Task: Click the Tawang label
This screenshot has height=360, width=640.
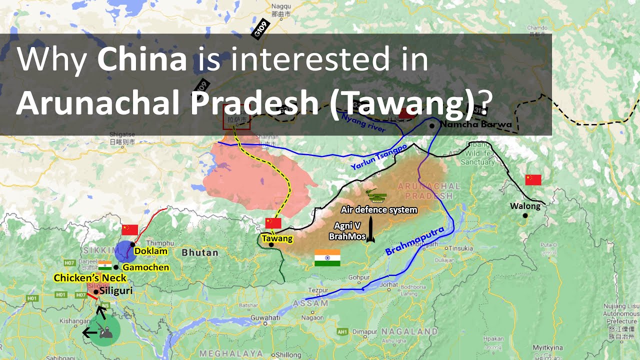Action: (277, 239)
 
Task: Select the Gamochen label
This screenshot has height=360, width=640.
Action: (145, 267)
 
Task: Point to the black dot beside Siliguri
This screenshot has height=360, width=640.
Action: (96, 291)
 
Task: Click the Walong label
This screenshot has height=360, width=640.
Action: (525, 206)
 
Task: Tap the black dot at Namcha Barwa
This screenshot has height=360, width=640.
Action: (432, 125)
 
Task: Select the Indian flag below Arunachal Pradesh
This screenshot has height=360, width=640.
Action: (327, 257)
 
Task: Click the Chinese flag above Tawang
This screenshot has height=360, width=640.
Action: (273, 223)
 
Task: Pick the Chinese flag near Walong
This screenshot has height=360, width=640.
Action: (533, 180)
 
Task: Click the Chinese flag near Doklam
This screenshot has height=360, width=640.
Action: (129, 229)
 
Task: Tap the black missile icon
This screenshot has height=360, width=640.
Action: (370, 230)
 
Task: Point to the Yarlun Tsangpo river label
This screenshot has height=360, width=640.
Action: (378, 157)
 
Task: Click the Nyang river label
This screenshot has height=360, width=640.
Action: (363, 123)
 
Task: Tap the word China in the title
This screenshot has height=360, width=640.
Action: (142, 59)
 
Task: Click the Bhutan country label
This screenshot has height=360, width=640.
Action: (200, 252)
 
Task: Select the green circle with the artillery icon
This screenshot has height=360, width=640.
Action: (105, 330)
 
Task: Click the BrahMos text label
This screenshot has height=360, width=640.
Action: (347, 236)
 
